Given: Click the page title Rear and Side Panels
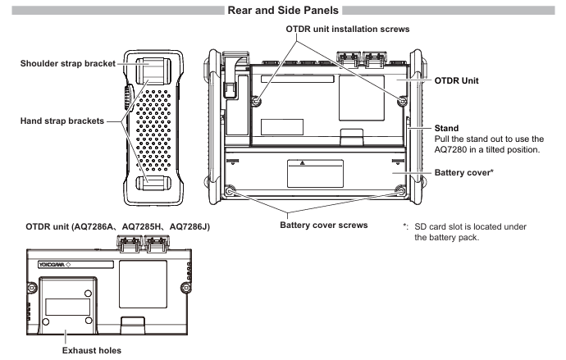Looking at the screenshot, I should (282, 11).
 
